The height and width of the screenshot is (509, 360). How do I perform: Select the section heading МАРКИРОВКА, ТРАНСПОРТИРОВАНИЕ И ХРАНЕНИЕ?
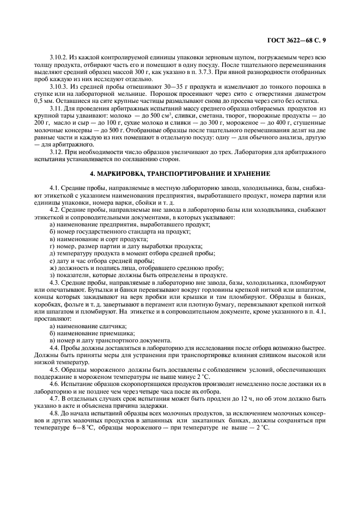pyautogui.click(x=180, y=173)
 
